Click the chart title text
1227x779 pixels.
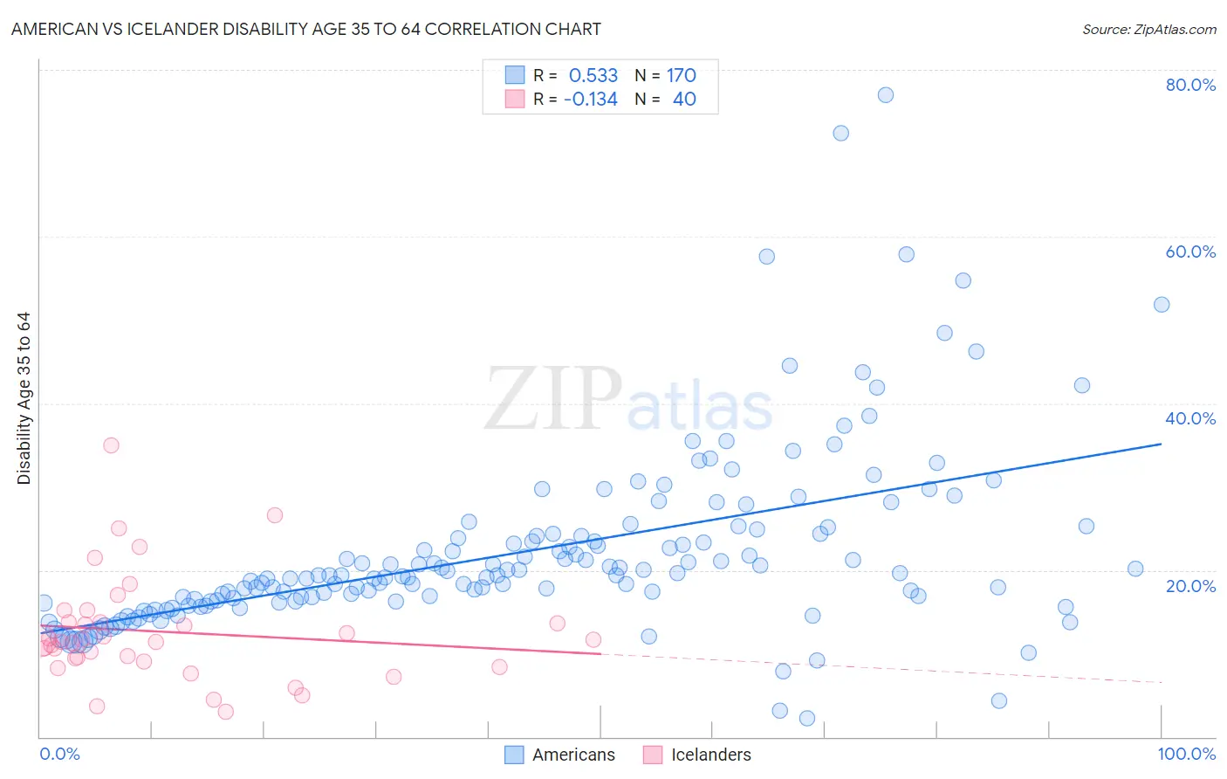(306, 29)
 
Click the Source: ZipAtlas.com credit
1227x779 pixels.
(1148, 29)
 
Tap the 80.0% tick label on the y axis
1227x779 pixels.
(1190, 85)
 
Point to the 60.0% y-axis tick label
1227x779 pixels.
(1190, 252)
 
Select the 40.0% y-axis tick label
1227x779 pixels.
(1190, 418)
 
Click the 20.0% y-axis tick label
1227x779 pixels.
(1190, 586)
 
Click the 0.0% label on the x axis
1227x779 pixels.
(59, 754)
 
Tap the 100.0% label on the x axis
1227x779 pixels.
(1186, 754)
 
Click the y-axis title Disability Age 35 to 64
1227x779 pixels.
(24, 398)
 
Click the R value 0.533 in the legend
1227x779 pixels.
(593, 76)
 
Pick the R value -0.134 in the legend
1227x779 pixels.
(591, 100)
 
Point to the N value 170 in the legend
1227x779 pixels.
(681, 76)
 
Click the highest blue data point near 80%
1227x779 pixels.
(885, 95)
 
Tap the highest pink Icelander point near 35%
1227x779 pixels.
(111, 445)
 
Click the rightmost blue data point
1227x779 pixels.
(1162, 305)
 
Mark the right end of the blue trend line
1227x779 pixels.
(1161, 444)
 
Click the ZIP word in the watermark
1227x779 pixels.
(552, 400)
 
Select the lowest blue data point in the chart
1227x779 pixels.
(807, 718)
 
